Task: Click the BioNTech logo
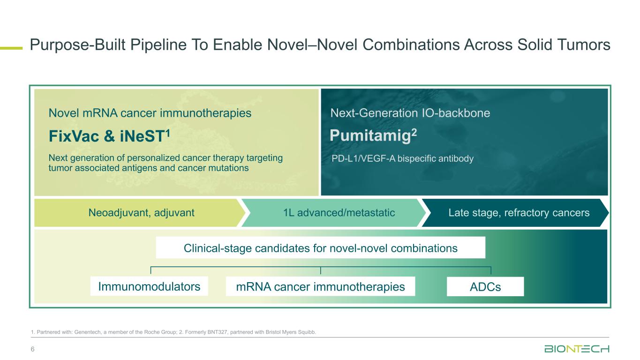[x=577, y=349]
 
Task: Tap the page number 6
[x=33, y=349]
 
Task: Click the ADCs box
[x=485, y=287]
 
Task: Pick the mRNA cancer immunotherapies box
[x=321, y=286]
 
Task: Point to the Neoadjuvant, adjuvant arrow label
[x=141, y=213]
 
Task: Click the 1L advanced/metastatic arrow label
[x=339, y=213]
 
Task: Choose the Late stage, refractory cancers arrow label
[x=519, y=213]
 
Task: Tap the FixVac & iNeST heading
[x=108, y=136]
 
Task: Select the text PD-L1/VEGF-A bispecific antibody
[x=402, y=159]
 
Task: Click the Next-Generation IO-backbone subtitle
[x=410, y=113]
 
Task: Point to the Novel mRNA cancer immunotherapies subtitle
[x=150, y=113]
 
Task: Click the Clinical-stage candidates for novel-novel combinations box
[x=320, y=247]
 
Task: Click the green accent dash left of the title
[x=11, y=47]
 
